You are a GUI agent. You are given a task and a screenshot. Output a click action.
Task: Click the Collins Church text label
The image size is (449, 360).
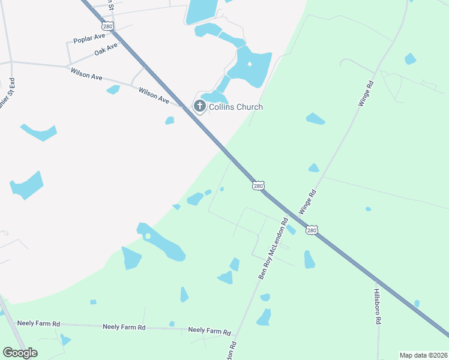click(x=235, y=107)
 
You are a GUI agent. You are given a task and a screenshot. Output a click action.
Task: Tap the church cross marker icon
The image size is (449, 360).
click(x=199, y=107)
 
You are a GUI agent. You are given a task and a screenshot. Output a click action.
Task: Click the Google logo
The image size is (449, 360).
click(x=20, y=353)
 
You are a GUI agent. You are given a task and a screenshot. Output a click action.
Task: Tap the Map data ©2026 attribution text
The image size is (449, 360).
click(x=424, y=355)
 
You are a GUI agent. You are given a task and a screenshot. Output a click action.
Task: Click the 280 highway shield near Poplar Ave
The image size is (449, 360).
click(x=108, y=26)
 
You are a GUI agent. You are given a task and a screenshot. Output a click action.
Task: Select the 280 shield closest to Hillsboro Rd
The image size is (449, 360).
click(x=311, y=230)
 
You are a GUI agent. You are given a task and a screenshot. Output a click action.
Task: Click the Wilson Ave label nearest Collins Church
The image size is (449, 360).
click(x=154, y=95)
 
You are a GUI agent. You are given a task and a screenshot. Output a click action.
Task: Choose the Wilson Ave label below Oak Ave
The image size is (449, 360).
click(x=86, y=74)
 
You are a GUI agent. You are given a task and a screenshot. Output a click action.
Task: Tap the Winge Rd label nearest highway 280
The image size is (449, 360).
click(x=307, y=203)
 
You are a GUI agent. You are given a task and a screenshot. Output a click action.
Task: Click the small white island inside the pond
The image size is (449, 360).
click(x=148, y=236)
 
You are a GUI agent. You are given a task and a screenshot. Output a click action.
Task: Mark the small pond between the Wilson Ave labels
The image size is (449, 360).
click(x=113, y=89)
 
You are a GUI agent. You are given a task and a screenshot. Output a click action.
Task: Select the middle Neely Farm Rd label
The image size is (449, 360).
click(x=124, y=327)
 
